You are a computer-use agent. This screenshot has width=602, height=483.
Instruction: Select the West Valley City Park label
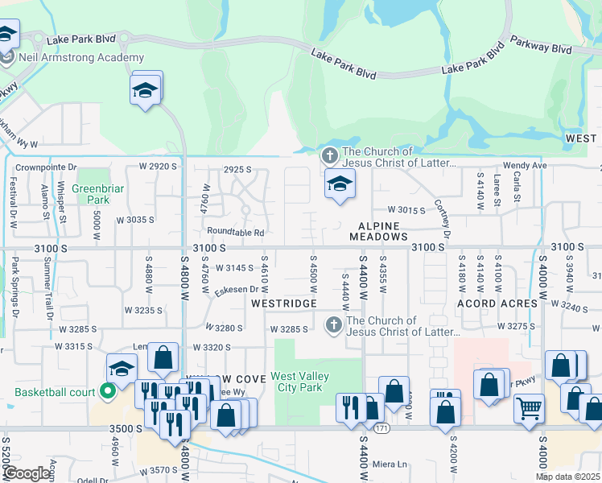(x=296, y=382)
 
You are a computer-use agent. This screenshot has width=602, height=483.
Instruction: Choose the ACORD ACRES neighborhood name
(x=497, y=303)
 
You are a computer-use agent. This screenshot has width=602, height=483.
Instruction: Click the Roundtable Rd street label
(x=237, y=233)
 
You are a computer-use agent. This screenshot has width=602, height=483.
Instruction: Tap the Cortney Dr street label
(x=440, y=219)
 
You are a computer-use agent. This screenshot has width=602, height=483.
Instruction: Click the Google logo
(x=26, y=473)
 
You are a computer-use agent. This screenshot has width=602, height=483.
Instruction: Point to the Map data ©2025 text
(x=567, y=477)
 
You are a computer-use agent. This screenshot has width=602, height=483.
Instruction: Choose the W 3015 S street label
(x=406, y=209)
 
